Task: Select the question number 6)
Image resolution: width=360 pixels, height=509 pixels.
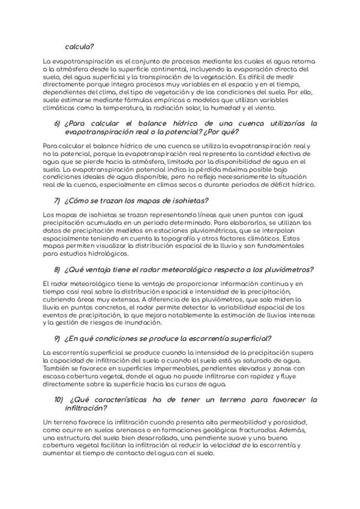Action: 58,123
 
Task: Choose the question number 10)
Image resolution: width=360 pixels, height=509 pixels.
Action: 59,399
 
